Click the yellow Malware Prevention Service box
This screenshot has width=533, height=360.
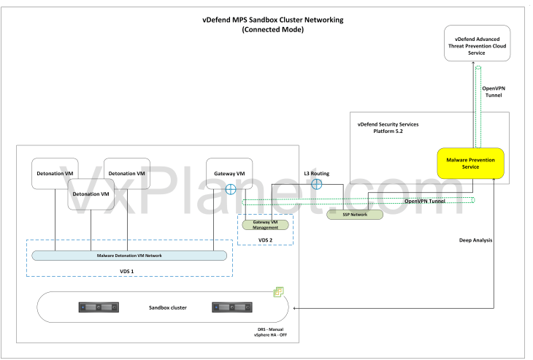click(470, 163)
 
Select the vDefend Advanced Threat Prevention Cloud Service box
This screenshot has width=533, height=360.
click(478, 43)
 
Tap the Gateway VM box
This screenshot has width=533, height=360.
click(229, 173)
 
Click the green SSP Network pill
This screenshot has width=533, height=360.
click(355, 215)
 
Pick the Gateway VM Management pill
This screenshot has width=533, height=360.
click(266, 225)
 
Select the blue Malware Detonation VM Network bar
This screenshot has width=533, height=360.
click(129, 256)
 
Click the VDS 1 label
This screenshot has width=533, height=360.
click(127, 271)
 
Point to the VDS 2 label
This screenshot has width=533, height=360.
click(265, 240)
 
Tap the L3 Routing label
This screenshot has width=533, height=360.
click(316, 173)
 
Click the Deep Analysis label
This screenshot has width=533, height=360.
click(475, 240)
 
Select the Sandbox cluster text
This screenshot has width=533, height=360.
click(168, 307)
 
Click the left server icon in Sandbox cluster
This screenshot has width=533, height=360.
click(99, 307)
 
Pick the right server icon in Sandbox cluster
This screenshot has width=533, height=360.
click(232, 307)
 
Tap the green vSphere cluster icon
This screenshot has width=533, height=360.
click(279, 291)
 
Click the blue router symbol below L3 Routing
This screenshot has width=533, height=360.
click(317, 184)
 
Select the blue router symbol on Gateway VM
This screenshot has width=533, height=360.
click(231, 189)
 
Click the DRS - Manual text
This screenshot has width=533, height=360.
click(270, 329)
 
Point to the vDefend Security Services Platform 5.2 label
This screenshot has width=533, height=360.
click(388, 128)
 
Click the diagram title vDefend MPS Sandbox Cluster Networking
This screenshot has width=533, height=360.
click(273, 20)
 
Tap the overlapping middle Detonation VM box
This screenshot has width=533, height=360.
click(91, 194)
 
